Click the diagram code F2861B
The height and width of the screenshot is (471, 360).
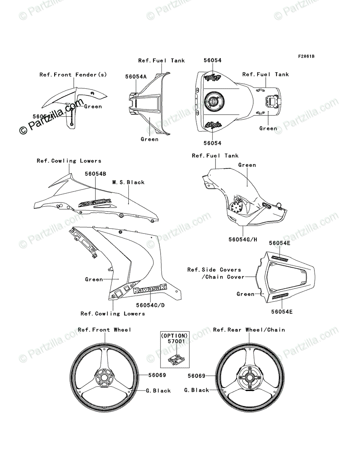click(x=306, y=56)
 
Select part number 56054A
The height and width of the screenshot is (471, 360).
click(x=136, y=77)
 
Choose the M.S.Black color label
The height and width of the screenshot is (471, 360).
click(x=128, y=182)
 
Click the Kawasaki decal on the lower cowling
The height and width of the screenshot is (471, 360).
click(x=149, y=290)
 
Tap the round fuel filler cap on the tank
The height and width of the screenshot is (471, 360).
click(x=214, y=100)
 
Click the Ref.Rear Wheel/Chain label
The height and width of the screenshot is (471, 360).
click(x=249, y=330)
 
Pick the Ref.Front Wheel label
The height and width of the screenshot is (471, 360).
click(x=104, y=330)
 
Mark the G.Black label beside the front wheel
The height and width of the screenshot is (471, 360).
click(x=158, y=391)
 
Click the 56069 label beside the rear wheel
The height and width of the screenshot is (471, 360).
click(x=196, y=376)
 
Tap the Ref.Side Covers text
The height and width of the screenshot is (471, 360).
click(x=214, y=270)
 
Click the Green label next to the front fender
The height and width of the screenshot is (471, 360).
click(x=93, y=106)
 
